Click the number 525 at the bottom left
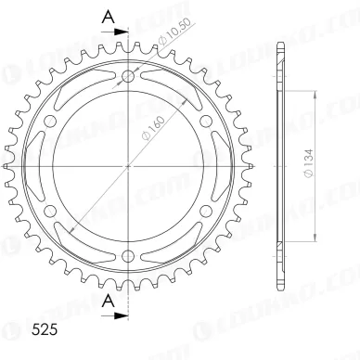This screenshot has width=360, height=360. click(45, 329)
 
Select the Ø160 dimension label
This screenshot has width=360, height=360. click(153, 128)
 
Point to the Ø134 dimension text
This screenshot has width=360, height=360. click(309, 163)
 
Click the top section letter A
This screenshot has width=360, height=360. click(109, 17)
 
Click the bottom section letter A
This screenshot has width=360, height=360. click(109, 301)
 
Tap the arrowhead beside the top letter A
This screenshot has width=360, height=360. click(122, 32)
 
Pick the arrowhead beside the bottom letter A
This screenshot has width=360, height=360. click(122, 315)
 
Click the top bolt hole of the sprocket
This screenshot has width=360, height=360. click(128, 76)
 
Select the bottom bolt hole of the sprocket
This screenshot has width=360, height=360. click(128, 255)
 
